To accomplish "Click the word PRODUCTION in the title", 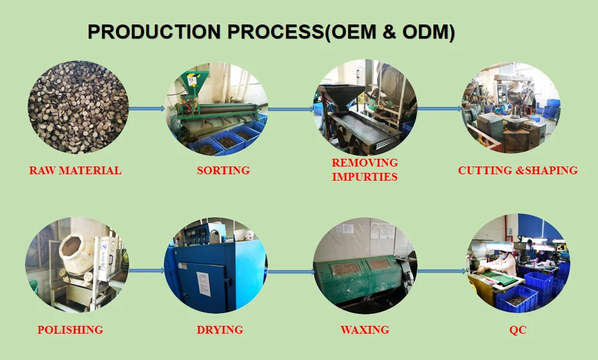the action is [154, 32].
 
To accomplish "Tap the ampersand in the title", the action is [389, 32].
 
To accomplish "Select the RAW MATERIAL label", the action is [75, 170].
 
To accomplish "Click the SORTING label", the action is [224, 170].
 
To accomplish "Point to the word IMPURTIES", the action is [365, 177].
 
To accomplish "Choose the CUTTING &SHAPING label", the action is [518, 170].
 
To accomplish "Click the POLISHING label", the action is [70, 329].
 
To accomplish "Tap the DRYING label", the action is [220, 329].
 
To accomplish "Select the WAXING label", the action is [365, 329].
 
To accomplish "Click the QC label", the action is [518, 329].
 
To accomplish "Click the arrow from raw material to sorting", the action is [147, 109].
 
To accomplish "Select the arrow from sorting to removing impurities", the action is [291, 109].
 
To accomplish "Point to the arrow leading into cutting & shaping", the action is [439, 109].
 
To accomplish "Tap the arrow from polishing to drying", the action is [147, 271].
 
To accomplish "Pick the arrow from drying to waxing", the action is [292, 272].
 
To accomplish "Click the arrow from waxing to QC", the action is [442, 271].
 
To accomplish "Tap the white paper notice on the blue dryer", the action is [204, 284].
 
